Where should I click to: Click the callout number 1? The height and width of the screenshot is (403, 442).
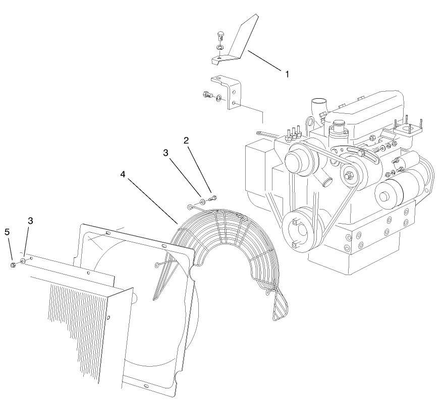pos(287,74)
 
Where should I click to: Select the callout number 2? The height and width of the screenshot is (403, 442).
pos(186,141)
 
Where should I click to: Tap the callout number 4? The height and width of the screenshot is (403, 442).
pos(123,174)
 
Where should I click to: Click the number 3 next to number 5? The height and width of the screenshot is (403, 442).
pos(30,221)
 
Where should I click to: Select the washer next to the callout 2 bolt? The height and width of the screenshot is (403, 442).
pos(202,202)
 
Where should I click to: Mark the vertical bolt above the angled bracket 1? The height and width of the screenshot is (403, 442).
pos(218,36)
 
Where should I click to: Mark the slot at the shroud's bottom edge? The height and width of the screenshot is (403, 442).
pos(145,386)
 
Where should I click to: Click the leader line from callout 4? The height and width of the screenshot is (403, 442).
pos(151,199)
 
